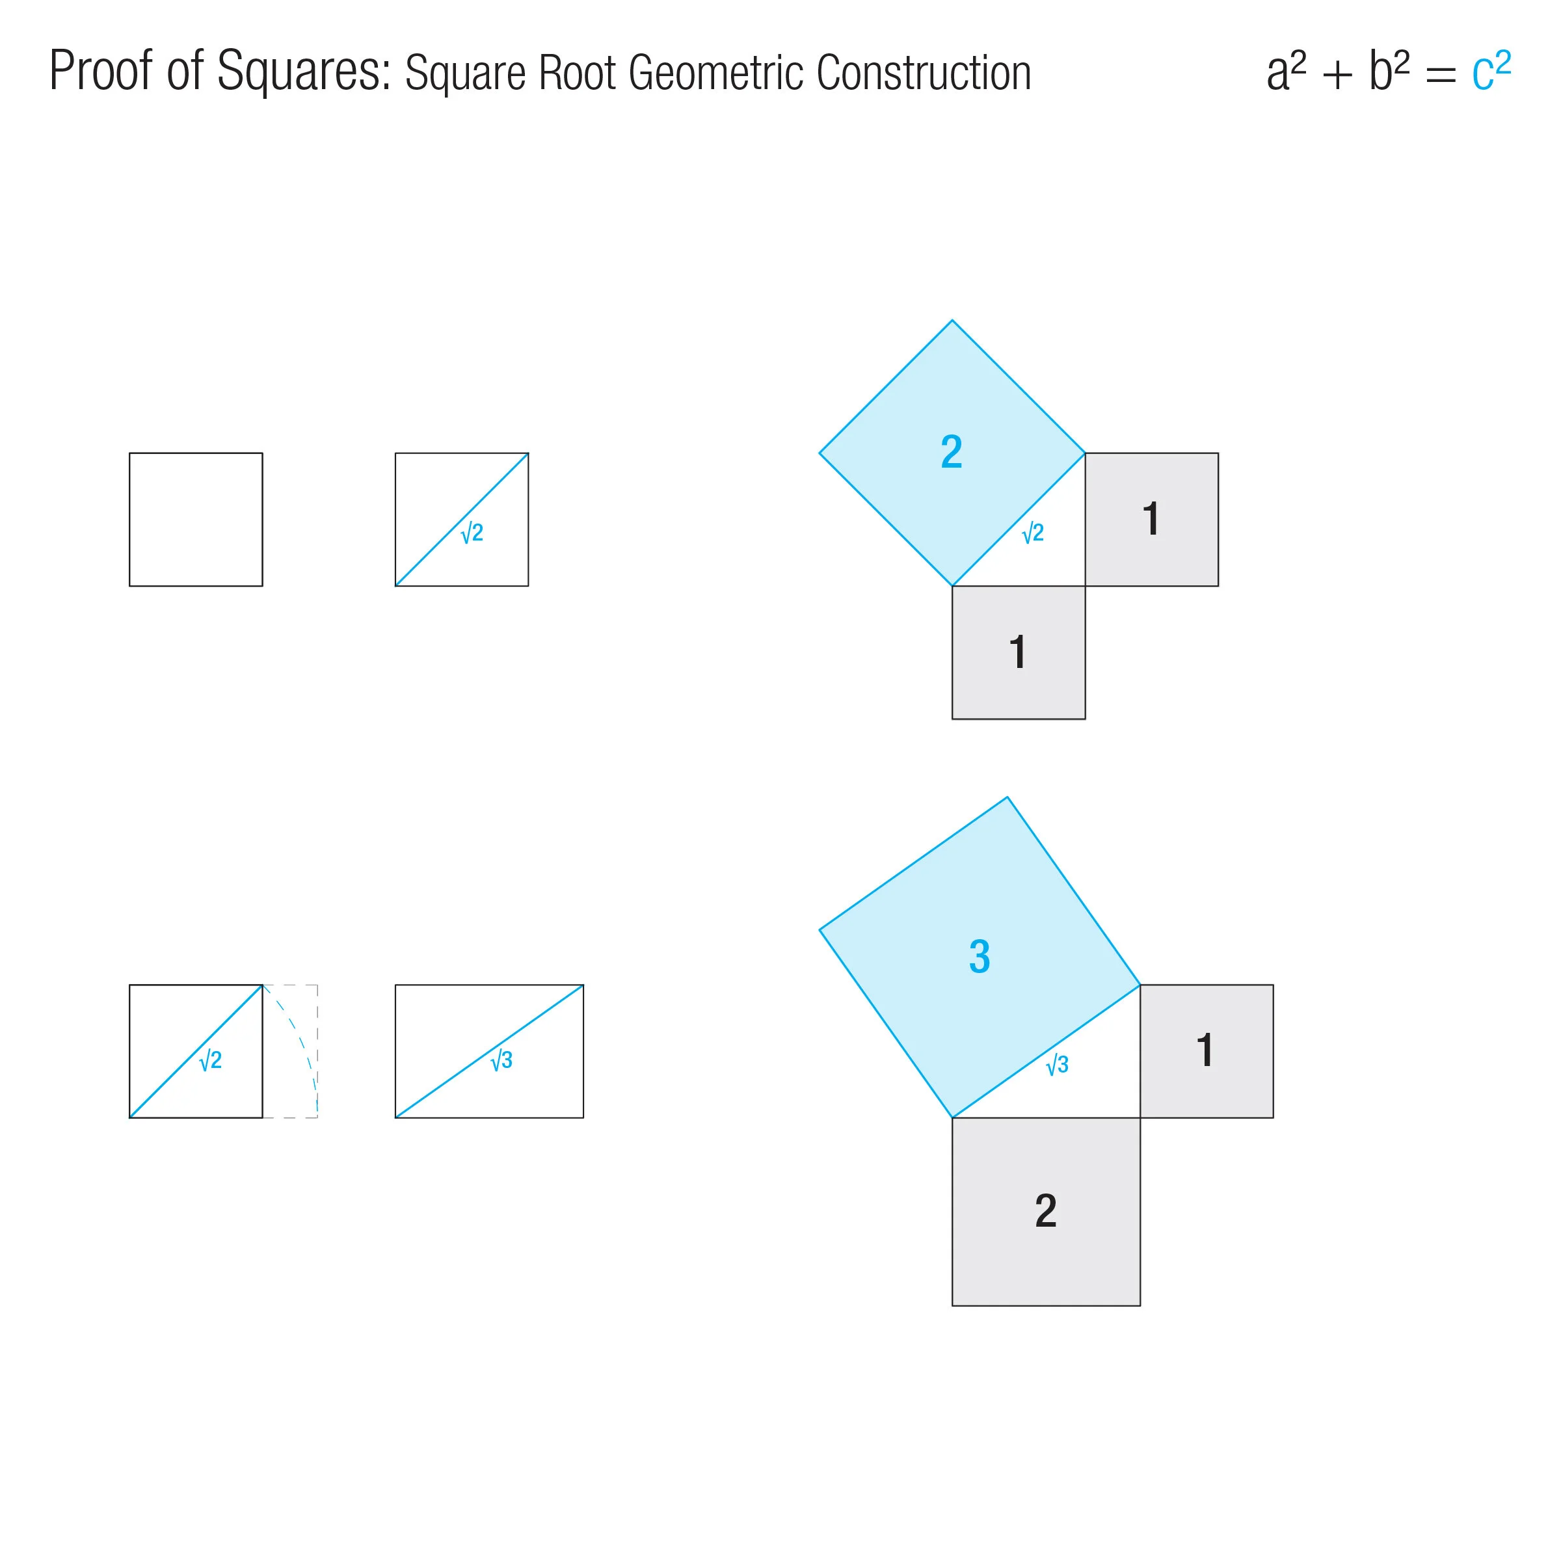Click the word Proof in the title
100,71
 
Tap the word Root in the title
578,73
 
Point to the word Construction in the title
923,73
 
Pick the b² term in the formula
1388,71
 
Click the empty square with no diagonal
196,520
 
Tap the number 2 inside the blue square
951,451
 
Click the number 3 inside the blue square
980,957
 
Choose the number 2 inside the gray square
1045,1210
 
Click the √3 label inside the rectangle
501,1060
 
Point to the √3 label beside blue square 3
1057,1065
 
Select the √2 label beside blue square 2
1033,533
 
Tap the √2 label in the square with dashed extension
210,1060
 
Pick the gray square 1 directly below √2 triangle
1018,652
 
